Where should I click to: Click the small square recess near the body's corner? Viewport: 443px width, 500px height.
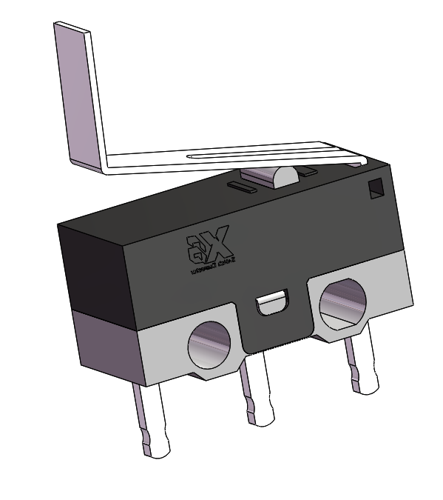coord(376,188)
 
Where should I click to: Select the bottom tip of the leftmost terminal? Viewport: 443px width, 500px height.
coord(158,449)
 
